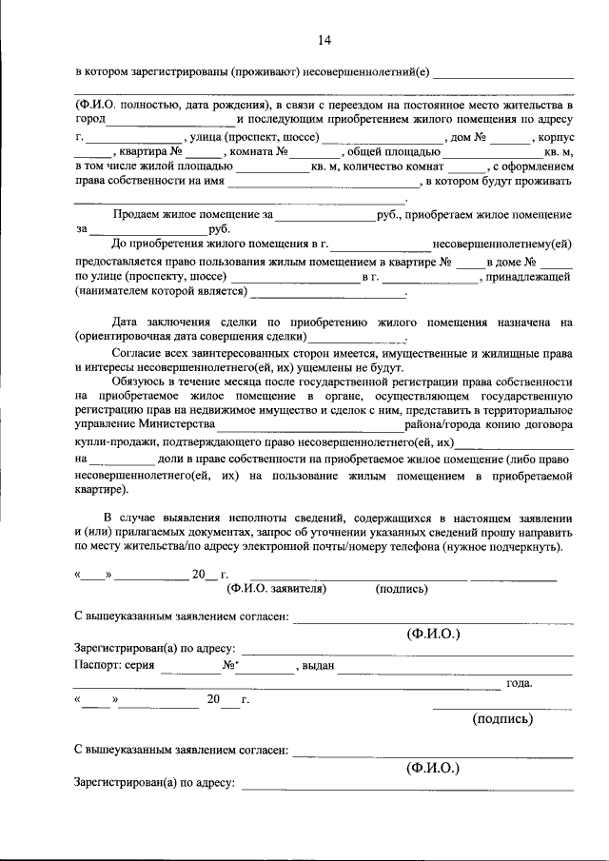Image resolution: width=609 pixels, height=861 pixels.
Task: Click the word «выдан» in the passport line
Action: [x=318, y=666]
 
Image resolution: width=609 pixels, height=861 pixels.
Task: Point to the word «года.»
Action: [x=520, y=682]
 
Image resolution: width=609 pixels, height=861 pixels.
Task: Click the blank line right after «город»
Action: [x=170, y=122]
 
